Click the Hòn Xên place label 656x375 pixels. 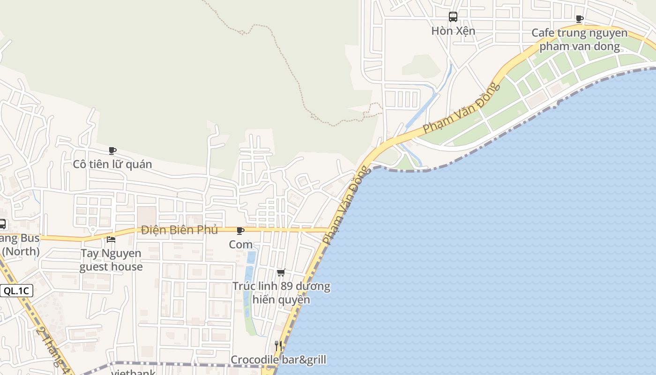coord(453,31)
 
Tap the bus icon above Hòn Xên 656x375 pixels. coord(453,17)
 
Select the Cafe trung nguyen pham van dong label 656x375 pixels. coord(580,40)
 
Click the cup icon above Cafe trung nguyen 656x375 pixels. coord(580,19)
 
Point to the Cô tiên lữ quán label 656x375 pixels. coord(112,164)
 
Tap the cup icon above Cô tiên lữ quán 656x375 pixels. coord(112,151)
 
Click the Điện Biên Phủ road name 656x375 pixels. coord(179,230)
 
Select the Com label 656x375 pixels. coord(241,244)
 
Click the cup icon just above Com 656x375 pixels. coord(240,231)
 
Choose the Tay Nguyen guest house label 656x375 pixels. coord(111,260)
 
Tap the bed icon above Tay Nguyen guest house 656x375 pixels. coord(111,240)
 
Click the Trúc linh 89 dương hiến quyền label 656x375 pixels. coord(281,292)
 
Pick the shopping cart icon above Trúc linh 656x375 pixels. coord(281,272)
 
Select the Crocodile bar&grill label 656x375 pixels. coord(278,360)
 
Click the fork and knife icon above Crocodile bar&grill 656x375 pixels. coord(278,346)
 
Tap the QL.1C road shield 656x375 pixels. coord(16,291)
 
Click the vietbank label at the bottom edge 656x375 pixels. coord(134,373)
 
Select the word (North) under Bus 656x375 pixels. coord(21,252)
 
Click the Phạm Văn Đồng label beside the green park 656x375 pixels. coord(462,108)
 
